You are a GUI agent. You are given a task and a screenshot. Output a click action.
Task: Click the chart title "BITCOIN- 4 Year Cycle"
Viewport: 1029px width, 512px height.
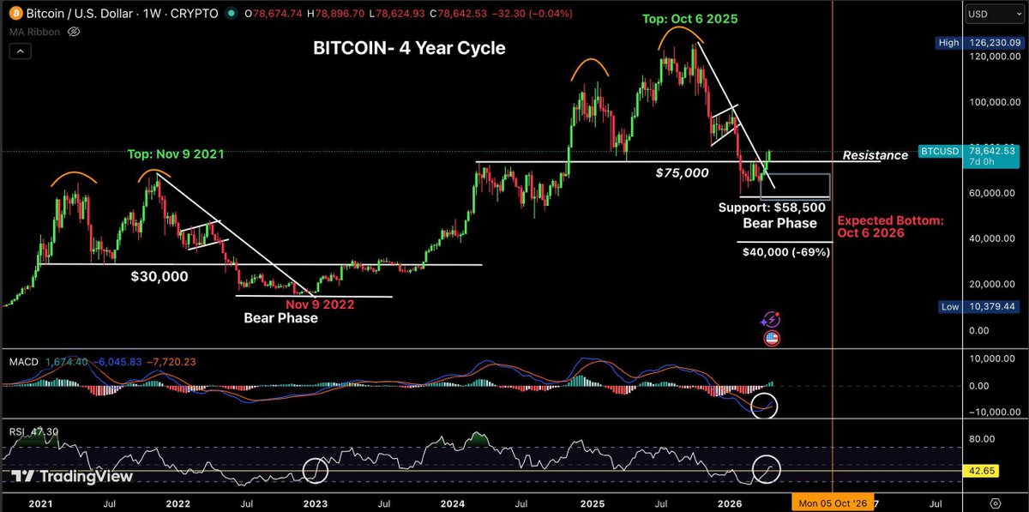coord(408,49)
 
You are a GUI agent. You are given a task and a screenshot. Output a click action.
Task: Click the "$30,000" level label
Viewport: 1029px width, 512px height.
coord(159,277)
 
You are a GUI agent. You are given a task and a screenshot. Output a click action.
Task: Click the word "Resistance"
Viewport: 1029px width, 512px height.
coord(875,155)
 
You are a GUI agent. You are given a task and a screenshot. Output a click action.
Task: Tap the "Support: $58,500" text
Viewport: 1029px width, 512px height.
coord(777,208)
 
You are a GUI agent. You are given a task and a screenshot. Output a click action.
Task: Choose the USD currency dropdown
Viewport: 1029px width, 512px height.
coord(985,15)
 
